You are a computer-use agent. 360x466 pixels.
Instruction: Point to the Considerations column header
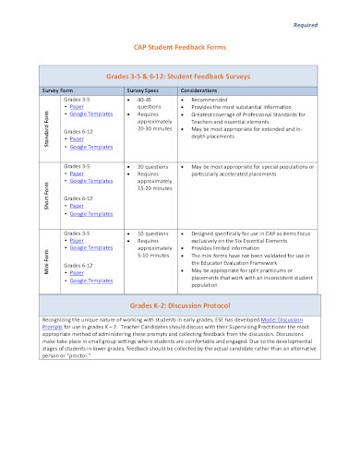tap(198, 90)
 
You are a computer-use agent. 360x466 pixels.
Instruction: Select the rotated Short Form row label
tap(47, 192)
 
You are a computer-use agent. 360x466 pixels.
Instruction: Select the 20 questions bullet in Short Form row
tap(153, 166)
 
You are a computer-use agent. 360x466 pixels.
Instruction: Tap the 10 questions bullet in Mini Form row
tap(153, 233)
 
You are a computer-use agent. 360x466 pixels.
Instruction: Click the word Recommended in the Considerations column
tap(213, 100)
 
